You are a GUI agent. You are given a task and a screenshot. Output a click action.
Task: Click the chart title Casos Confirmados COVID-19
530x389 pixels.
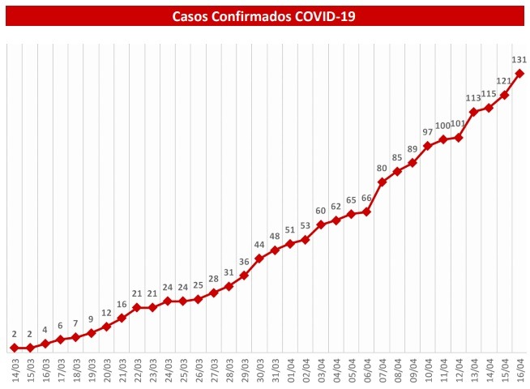point(264,15)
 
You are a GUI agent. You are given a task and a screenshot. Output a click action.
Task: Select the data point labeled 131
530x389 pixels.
point(519,74)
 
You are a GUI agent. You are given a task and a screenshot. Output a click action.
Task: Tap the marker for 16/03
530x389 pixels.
point(45,344)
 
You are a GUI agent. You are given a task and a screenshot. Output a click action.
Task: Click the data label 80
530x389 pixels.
point(382,169)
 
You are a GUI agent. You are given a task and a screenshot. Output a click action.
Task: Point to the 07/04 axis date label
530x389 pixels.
point(382,371)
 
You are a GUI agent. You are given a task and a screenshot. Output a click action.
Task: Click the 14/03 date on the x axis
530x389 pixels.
point(14,371)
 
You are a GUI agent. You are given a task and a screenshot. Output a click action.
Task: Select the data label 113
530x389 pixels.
point(473,98)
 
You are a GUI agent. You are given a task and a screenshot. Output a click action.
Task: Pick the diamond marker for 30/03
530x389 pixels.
point(259,259)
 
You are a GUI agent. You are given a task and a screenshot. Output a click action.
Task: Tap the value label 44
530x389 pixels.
point(259,245)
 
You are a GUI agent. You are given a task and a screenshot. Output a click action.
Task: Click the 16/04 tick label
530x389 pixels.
point(519,371)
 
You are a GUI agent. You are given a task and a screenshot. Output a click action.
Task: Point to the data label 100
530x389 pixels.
point(442,126)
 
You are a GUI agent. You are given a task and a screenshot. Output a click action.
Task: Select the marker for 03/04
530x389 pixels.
point(321,224)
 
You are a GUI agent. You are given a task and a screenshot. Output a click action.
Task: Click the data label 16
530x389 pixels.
point(122,305)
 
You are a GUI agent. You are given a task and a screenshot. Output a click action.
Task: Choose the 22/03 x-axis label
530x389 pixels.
point(136,371)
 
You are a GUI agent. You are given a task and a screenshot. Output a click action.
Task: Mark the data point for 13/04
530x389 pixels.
point(473,112)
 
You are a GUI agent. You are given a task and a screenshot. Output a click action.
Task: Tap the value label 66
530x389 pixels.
point(366,199)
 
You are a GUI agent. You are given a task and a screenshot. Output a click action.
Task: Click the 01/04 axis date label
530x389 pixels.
point(290,371)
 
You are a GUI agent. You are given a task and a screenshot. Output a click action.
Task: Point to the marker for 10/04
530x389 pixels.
point(428,146)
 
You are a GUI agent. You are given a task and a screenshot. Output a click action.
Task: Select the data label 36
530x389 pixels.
point(244,262)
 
